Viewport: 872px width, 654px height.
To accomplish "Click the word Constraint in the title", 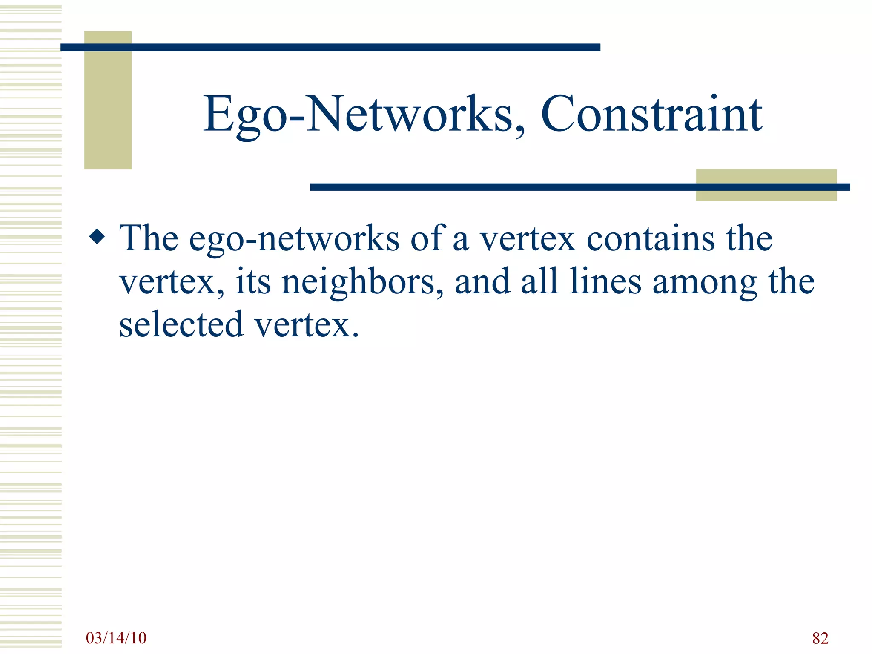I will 651,114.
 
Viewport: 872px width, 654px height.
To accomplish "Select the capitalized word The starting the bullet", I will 149,238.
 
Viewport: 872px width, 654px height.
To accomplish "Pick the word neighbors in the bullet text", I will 362,283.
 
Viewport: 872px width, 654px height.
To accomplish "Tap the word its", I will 253,282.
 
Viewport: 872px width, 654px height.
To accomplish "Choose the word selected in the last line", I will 181,324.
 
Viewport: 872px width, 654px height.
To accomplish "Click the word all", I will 539,281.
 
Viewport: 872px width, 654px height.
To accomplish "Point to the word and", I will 482,281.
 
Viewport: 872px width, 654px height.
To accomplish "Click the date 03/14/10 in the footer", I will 116,638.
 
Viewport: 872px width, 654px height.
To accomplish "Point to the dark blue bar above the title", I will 330,47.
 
